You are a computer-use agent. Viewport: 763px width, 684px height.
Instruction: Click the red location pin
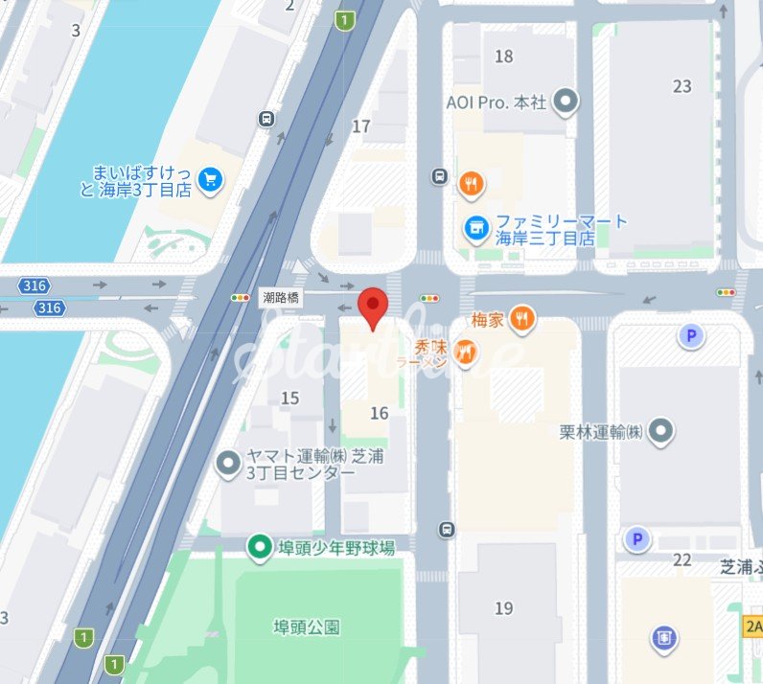click(x=373, y=306)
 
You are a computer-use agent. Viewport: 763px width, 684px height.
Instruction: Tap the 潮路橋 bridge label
click(x=281, y=298)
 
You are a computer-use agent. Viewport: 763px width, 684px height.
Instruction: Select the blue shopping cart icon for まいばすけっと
click(x=210, y=177)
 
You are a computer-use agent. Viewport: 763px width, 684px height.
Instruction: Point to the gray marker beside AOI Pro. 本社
click(x=567, y=101)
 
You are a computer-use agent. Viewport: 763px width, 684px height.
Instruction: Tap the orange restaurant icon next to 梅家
click(x=521, y=318)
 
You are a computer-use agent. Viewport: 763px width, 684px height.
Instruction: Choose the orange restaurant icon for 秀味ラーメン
click(x=466, y=353)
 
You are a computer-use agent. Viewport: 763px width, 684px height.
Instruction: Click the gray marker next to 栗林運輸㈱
click(x=660, y=432)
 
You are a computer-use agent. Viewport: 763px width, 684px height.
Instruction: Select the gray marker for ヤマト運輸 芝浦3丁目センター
click(x=228, y=465)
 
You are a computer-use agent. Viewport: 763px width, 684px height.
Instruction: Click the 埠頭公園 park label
click(x=306, y=627)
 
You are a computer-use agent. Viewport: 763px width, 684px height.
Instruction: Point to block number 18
click(x=503, y=57)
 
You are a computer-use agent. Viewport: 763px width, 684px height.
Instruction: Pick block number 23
click(x=682, y=86)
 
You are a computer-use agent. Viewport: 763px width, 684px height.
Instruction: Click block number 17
click(x=361, y=126)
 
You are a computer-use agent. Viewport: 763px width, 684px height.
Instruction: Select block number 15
click(x=289, y=398)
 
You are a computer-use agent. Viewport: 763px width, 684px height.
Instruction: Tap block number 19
click(x=503, y=608)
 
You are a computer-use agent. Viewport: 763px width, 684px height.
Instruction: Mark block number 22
click(x=682, y=559)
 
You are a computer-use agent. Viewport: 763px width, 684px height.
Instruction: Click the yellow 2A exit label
click(x=752, y=625)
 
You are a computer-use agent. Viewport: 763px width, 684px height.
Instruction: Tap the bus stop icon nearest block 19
click(x=447, y=530)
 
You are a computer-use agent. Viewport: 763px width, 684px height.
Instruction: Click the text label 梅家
click(x=488, y=318)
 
